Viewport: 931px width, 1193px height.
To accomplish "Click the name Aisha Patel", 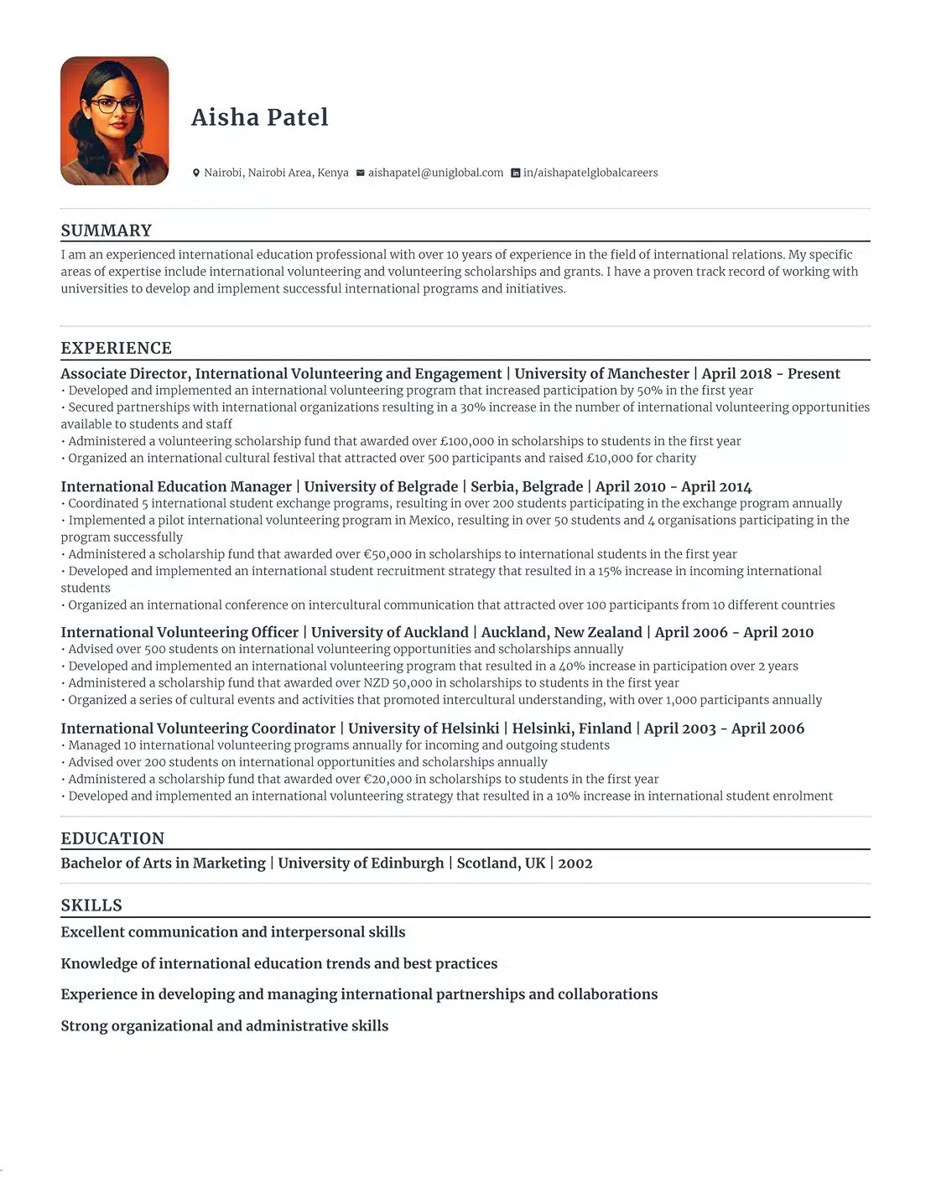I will pos(260,117).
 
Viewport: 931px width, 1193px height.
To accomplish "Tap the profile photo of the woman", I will pos(115,122).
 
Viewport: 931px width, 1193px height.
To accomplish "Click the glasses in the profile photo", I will pos(115,105).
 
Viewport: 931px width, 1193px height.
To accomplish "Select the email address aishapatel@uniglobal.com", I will pos(435,173).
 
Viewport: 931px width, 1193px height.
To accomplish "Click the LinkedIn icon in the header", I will pos(516,173).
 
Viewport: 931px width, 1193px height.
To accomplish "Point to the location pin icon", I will pos(196,173).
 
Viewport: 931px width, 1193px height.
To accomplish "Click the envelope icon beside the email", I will pos(361,173).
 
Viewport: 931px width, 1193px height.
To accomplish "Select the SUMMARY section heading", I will pos(107,231).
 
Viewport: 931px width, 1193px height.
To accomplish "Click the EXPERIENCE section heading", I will pos(116,348).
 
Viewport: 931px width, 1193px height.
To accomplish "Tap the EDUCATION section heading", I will pos(112,838).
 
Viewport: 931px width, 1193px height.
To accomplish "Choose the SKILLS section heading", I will pos(91,905).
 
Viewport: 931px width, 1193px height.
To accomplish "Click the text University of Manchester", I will pos(601,374).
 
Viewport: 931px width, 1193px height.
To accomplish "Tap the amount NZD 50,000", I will pos(398,683).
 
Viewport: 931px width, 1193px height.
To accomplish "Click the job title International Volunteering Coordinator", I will pos(198,729).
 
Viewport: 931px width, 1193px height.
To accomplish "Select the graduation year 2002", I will pos(575,864).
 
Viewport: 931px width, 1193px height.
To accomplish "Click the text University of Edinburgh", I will pos(361,864).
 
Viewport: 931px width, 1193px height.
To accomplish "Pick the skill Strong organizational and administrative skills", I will pos(225,1026).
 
